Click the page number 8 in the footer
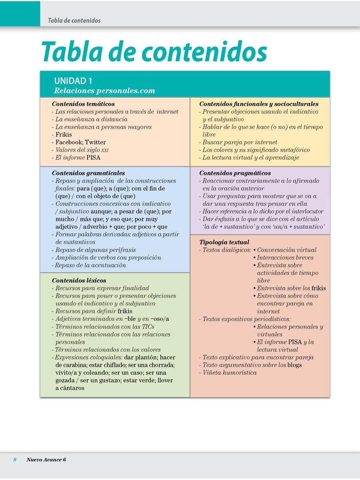pos(15,460)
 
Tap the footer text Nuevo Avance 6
pos(46,460)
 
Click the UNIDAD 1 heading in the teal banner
pos(73,81)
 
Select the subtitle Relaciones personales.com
pos(104,91)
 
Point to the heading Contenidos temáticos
pos(83,104)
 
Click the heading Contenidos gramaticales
pos(88,173)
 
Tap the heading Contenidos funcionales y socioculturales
pos(259,104)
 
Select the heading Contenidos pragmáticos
pos(235,173)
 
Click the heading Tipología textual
pos(224,242)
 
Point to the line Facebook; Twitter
pos(80,142)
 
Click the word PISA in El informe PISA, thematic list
pos(93,158)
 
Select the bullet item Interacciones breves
pos(285,258)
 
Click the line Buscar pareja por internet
pos(240,142)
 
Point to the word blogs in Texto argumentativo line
pos(294,365)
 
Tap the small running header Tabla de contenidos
pos(74,20)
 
